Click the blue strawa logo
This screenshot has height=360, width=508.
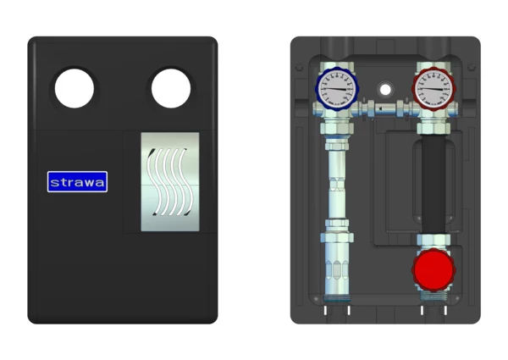(x=77, y=182)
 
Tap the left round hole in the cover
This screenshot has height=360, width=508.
(x=75, y=88)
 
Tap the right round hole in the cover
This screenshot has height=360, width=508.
(x=171, y=88)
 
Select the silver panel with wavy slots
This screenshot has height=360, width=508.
(x=170, y=182)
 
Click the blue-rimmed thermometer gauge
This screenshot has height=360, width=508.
(x=337, y=89)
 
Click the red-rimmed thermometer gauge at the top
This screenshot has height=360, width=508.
(x=433, y=89)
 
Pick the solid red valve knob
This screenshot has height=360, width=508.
(x=433, y=270)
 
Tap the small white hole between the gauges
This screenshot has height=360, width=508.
(x=385, y=90)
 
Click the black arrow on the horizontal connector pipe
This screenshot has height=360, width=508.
(x=381, y=109)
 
